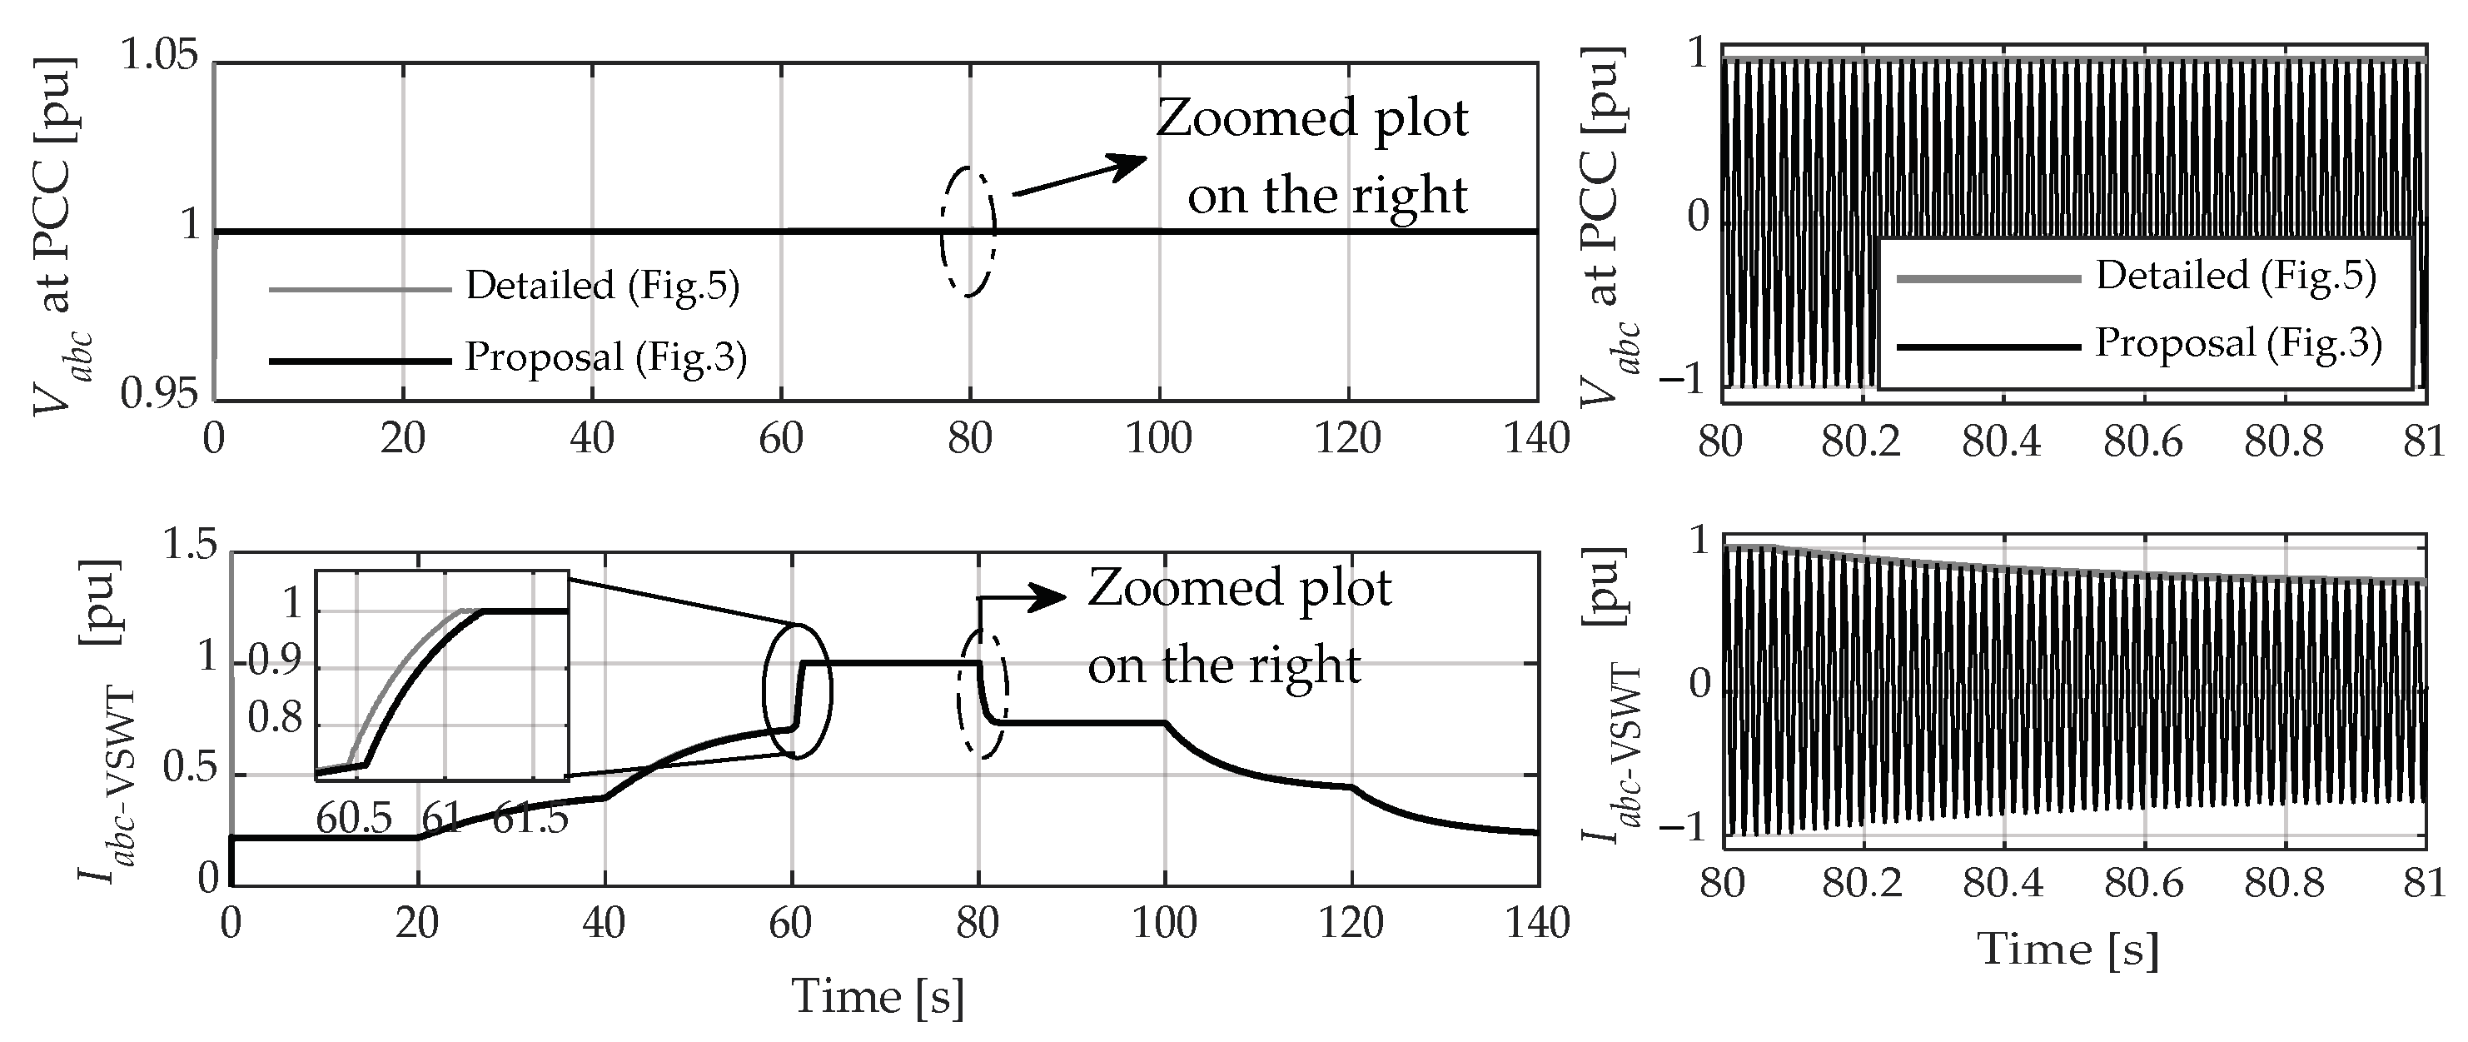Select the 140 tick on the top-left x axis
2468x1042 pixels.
click(1535, 439)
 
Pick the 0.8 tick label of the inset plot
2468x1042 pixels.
click(275, 718)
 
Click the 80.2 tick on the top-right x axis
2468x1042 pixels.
click(1861, 443)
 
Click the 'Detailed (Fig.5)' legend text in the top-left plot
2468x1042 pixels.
click(603, 286)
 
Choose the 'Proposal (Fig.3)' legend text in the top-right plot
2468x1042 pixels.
click(2238, 343)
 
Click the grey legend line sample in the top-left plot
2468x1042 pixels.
click(359, 288)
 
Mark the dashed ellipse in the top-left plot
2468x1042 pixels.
click(968, 232)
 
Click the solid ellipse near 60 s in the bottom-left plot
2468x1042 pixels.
click(797, 691)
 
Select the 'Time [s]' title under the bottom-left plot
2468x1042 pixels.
click(878, 997)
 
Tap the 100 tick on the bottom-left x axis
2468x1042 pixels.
click(1165, 922)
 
